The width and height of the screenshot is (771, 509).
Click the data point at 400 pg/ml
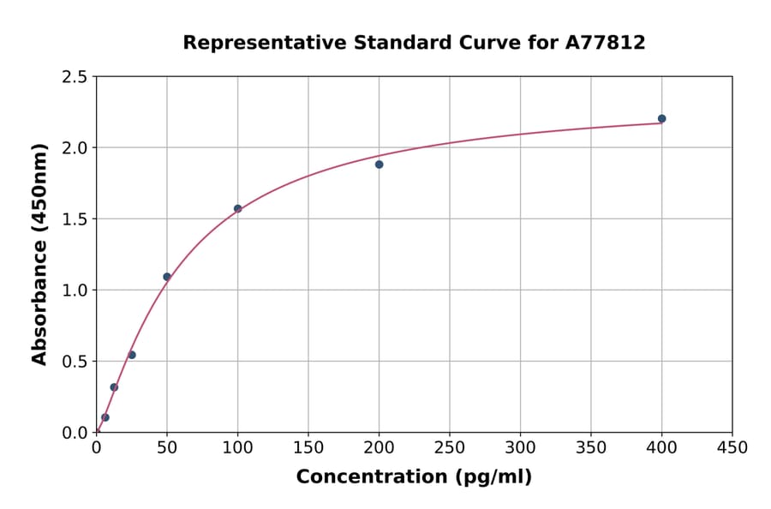(x=661, y=119)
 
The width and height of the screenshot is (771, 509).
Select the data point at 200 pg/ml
(x=379, y=165)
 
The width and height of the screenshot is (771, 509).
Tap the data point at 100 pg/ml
(x=237, y=208)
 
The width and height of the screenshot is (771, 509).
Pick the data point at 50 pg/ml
(x=167, y=277)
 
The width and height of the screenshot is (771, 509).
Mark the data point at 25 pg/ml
(x=132, y=355)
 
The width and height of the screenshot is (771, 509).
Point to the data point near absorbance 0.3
(x=114, y=387)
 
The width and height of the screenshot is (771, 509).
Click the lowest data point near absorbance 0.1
(x=105, y=417)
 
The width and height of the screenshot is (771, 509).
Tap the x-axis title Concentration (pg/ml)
(x=414, y=477)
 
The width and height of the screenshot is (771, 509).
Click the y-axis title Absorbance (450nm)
(x=39, y=254)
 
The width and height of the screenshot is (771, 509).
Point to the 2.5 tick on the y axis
(x=74, y=77)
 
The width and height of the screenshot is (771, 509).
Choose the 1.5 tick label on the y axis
(x=74, y=219)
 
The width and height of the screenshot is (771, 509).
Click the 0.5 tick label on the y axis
(x=74, y=362)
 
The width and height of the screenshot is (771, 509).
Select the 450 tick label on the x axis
(x=732, y=448)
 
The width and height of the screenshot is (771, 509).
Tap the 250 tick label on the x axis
(x=449, y=448)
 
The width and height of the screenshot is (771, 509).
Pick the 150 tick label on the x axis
(x=308, y=448)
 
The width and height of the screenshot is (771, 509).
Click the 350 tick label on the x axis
(x=590, y=448)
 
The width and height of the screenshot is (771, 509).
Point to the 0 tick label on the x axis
(x=96, y=448)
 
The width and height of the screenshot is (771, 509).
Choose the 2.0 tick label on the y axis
(x=74, y=148)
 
